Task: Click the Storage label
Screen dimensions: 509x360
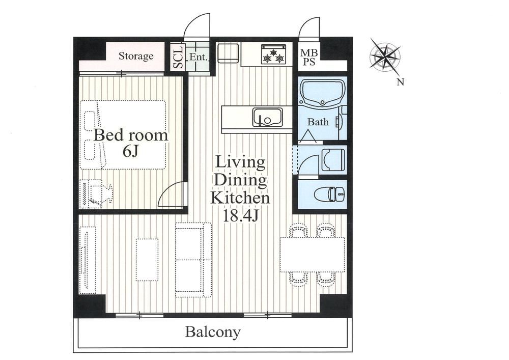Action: tap(136, 56)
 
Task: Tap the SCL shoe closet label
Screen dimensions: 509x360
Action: tap(178, 57)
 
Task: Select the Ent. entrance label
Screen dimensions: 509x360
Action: tap(198, 57)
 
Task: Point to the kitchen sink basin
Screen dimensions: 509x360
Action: tap(268, 117)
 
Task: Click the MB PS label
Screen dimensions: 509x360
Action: tap(309, 57)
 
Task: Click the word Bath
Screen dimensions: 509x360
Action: tap(318, 122)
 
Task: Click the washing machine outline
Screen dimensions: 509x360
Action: tap(333, 160)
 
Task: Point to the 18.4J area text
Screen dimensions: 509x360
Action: tap(240, 215)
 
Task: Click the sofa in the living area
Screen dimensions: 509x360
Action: tap(193, 260)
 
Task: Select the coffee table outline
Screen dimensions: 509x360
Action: tap(148, 260)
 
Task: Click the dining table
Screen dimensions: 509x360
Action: tap(313, 255)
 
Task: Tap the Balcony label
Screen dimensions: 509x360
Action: tap(213, 332)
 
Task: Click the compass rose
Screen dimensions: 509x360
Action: tap(385, 58)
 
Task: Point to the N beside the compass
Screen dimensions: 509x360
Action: tap(401, 82)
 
